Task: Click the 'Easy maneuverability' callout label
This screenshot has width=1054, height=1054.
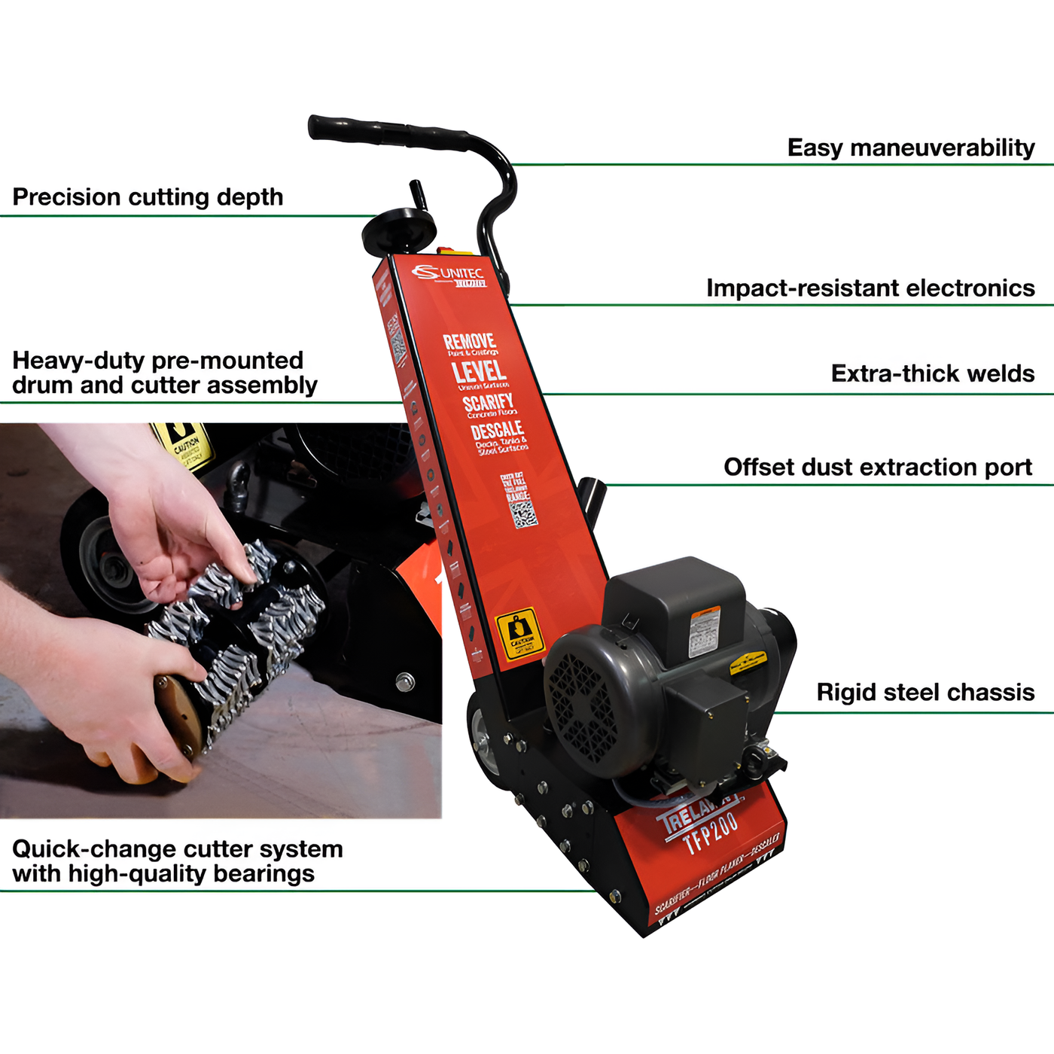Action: pyautogui.click(x=910, y=148)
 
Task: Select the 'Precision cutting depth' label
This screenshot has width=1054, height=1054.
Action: pyautogui.click(x=148, y=197)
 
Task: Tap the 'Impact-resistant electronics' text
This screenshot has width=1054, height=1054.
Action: pyautogui.click(x=870, y=288)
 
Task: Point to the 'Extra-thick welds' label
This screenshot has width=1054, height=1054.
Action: pyautogui.click(x=932, y=373)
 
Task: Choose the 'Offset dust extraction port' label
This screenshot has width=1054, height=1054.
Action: pyautogui.click(x=877, y=468)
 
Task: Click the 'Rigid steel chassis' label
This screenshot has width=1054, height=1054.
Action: pyautogui.click(x=925, y=693)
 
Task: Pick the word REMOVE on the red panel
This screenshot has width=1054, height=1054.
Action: pyautogui.click(x=469, y=341)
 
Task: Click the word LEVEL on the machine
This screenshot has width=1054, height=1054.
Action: pyautogui.click(x=479, y=371)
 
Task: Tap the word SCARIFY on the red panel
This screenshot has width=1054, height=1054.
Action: pyautogui.click(x=488, y=402)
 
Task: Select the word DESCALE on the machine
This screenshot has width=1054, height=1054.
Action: pyautogui.click(x=497, y=431)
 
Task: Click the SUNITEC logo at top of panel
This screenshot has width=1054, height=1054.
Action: pyautogui.click(x=449, y=274)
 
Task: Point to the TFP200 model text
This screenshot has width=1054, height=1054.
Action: pyautogui.click(x=711, y=833)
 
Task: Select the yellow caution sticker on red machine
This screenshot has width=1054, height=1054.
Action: pyautogui.click(x=519, y=633)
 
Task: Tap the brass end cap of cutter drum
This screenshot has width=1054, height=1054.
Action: pyautogui.click(x=178, y=716)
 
